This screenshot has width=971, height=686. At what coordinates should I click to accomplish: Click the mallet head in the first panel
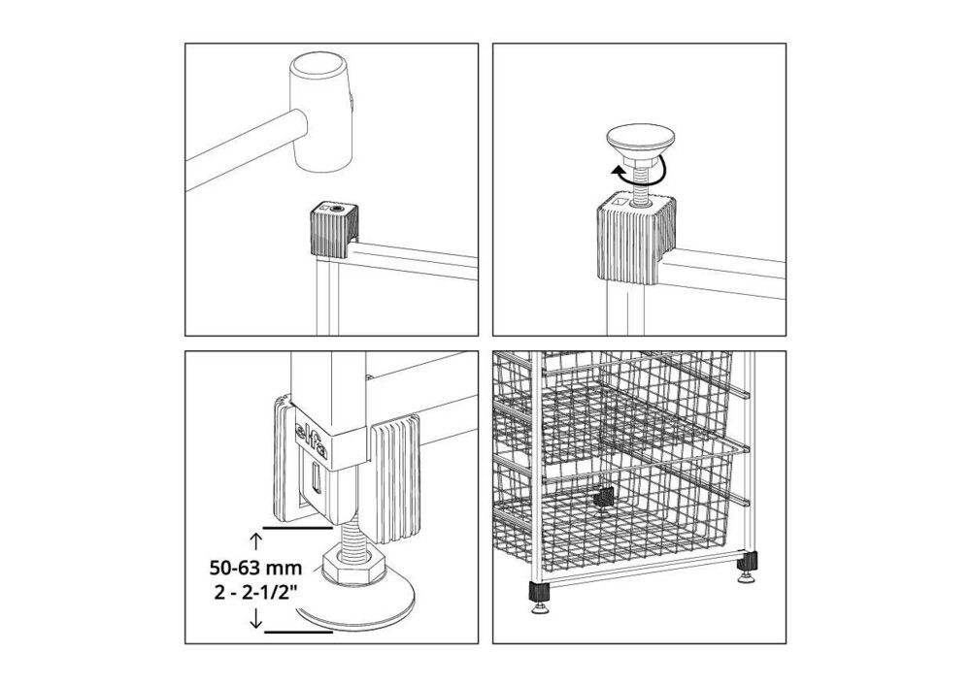[322, 112]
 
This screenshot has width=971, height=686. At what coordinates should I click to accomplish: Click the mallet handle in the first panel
[246, 150]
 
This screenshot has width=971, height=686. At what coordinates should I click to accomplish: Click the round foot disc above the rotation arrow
[639, 142]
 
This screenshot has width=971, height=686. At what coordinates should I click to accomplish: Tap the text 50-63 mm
[255, 567]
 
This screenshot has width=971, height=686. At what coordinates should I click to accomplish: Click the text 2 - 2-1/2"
[254, 592]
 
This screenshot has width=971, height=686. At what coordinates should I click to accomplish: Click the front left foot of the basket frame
[538, 597]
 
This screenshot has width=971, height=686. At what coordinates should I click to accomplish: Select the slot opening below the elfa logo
[316, 478]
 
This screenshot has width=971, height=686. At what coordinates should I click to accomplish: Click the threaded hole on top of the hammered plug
[338, 210]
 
